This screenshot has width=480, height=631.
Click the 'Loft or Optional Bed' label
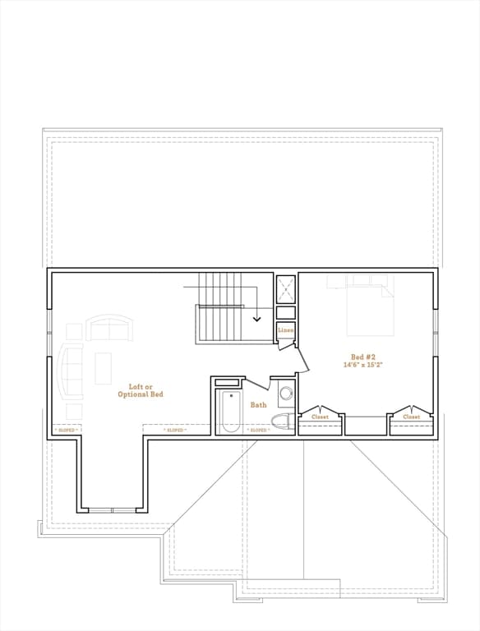[x=145, y=390]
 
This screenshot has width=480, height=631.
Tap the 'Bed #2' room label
[x=362, y=357]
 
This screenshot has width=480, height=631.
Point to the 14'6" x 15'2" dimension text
[x=362, y=364]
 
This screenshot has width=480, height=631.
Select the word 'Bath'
[x=259, y=405]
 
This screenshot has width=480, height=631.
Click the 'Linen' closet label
[x=285, y=330]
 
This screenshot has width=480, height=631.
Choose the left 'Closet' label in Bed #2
[x=320, y=417]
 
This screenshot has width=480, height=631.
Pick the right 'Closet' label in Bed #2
[x=411, y=417]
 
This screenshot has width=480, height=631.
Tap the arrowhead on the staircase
[x=257, y=318]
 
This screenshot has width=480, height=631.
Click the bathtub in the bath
[x=231, y=412]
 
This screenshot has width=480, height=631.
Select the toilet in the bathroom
[x=282, y=422]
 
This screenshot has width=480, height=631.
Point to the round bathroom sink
[x=286, y=394]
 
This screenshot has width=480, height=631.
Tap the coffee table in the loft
[x=103, y=368]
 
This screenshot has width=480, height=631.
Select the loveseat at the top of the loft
[x=109, y=329]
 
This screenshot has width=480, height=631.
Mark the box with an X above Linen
[x=286, y=288]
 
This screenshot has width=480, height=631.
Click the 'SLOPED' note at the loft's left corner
[x=66, y=430]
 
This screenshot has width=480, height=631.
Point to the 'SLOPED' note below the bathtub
[x=258, y=430]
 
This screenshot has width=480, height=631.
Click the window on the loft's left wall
[x=49, y=333]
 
